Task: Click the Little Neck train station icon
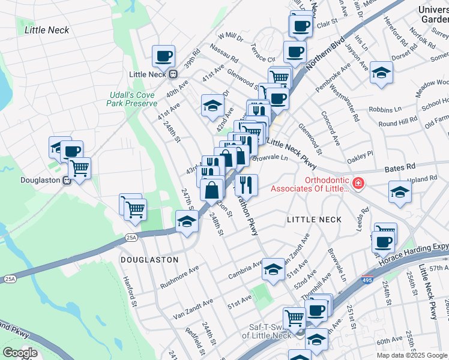click(x=173, y=74)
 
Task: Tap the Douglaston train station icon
click(x=67, y=180)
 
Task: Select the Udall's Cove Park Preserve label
click(x=131, y=99)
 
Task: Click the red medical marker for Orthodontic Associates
click(x=358, y=182)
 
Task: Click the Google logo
click(x=19, y=353)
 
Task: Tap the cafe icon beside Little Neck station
click(x=163, y=56)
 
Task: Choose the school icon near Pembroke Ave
click(x=381, y=73)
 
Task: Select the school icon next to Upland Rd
click(x=400, y=193)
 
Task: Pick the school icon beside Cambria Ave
click(x=273, y=269)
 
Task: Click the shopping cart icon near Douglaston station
click(x=79, y=169)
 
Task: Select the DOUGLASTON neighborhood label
click(x=149, y=260)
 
